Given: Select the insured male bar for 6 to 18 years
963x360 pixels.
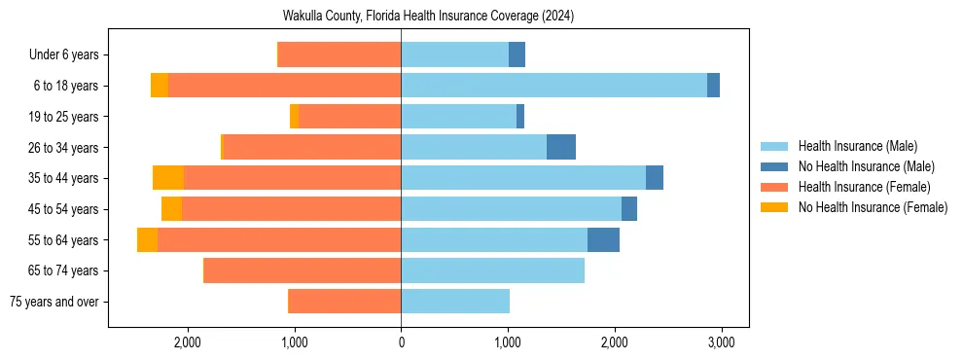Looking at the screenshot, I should click(x=553, y=86).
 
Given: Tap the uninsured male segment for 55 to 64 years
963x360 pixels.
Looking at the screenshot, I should click(x=603, y=240).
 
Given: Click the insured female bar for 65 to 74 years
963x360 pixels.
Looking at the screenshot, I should click(x=302, y=270).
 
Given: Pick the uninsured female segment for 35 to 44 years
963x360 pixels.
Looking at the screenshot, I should click(x=168, y=178).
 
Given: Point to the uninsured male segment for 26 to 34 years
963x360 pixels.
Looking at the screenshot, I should click(x=561, y=148).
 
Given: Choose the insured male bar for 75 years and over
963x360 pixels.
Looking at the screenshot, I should click(x=455, y=302).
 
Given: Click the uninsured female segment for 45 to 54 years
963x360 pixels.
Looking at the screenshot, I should click(x=171, y=209).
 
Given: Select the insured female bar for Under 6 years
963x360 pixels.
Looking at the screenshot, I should click(x=339, y=54).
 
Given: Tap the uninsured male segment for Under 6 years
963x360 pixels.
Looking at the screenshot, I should click(x=517, y=54).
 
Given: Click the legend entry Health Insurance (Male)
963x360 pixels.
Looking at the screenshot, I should click(x=857, y=146).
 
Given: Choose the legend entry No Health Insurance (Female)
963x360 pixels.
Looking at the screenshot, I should click(x=872, y=207).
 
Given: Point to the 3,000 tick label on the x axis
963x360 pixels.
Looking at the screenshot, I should click(x=720, y=342).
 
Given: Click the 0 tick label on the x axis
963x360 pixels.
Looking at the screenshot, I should click(x=401, y=342).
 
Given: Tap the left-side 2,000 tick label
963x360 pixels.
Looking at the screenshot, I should click(x=187, y=342).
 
